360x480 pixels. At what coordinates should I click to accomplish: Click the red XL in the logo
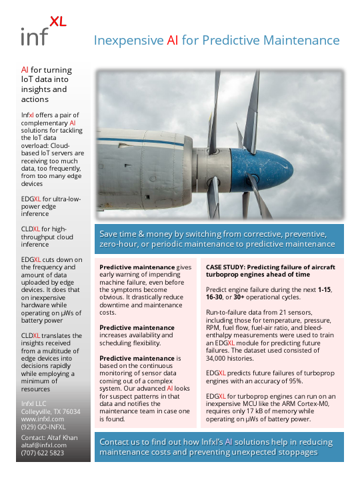coord(58,21)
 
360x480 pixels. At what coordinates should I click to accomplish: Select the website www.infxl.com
coord(41,419)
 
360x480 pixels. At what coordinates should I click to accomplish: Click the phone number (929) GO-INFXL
coord(45,427)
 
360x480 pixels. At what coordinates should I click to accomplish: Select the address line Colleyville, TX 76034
coord(51,411)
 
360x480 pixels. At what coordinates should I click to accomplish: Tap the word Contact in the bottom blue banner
coord(118,441)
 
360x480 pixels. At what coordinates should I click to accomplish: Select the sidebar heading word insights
coord(37,89)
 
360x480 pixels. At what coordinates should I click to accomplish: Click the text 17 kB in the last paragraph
coord(253,412)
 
